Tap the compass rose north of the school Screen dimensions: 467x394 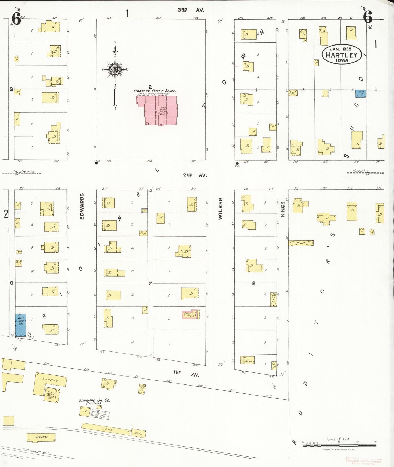tap(115, 69)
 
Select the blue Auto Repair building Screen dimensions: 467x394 tap(21, 325)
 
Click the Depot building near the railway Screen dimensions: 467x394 tap(41, 438)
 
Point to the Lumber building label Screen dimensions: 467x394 tap(50, 380)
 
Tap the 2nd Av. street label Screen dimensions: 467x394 tap(195, 175)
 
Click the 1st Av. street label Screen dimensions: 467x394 tap(186, 373)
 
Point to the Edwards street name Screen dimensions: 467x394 tap(82, 206)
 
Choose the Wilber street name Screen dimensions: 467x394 tap(220, 208)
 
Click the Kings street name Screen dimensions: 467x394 tap(283, 209)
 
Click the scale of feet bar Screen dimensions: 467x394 tap(339, 445)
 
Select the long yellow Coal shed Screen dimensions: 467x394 tap(106, 429)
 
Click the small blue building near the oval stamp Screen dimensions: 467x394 tap(360, 93)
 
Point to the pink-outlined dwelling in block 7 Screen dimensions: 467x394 tap(191, 314)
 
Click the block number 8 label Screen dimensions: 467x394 tap(254, 283)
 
